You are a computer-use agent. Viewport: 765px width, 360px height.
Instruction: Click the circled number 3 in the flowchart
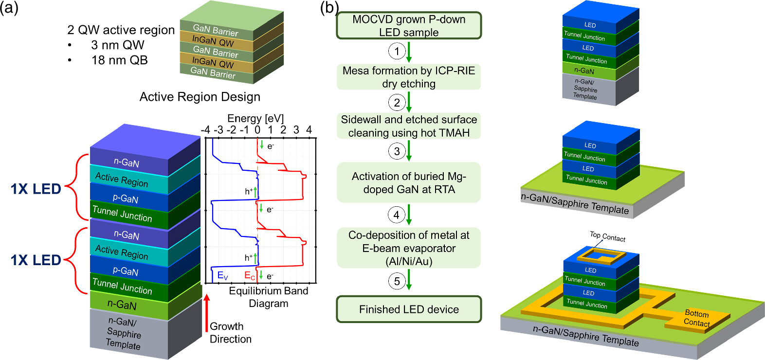point(397,151)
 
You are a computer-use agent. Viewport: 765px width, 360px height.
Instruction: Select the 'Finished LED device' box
point(409,309)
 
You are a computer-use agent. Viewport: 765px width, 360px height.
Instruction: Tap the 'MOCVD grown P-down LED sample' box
point(409,26)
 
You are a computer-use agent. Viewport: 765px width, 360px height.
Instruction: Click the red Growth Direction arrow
point(206,316)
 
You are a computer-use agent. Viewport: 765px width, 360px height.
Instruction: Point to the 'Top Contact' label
point(607,236)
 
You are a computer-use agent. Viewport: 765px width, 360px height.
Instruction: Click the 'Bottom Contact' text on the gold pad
point(696,318)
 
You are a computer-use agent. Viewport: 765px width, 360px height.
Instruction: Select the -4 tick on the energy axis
point(205,130)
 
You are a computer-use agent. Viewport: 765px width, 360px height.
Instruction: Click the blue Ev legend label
point(222,276)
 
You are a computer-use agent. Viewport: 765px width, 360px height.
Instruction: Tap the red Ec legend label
point(249,276)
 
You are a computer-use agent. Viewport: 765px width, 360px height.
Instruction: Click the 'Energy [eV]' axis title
point(255,119)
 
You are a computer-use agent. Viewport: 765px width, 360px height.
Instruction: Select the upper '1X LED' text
point(36,189)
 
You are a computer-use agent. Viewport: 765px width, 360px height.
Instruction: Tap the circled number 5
point(397,281)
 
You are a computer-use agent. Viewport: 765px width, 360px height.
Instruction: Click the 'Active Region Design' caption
point(200,97)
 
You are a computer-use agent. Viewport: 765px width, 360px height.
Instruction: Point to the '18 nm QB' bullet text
point(119,60)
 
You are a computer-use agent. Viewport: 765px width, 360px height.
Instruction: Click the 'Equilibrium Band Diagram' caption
point(268,297)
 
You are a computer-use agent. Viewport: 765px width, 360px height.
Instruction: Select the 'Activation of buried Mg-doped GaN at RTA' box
point(409,182)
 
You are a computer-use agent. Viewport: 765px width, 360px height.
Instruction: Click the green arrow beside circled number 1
point(409,51)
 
